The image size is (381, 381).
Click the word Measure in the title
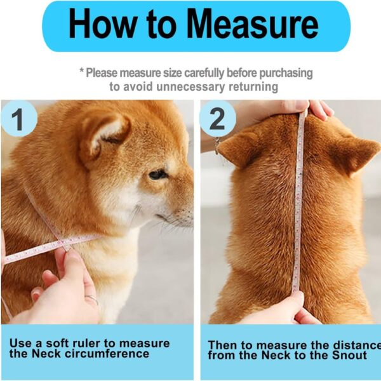click(x=252, y=25)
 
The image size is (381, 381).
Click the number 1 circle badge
click(x=18, y=119)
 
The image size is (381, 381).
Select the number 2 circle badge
click(x=217, y=119)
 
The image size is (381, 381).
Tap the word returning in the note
click(x=250, y=86)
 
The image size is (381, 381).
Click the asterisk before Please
click(x=81, y=72)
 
